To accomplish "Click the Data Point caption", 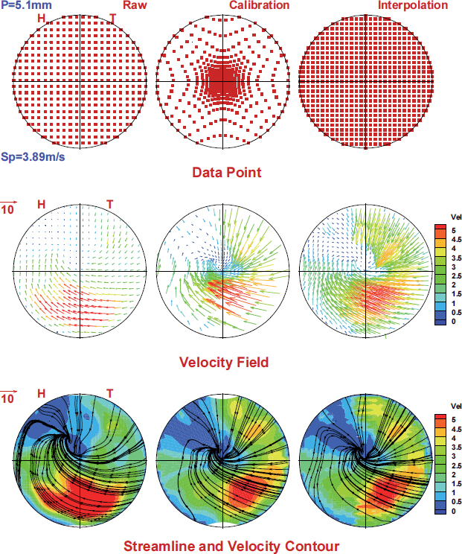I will (x=226, y=173).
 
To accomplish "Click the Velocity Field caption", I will (x=224, y=363).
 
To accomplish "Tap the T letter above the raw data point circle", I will (x=112, y=18).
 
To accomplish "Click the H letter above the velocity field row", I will (x=41, y=204).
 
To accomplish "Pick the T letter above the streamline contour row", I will (x=109, y=393).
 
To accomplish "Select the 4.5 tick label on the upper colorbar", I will (x=449, y=241).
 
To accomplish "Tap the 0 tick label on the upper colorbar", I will (x=444, y=321).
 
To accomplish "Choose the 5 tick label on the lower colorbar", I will (x=444, y=421).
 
